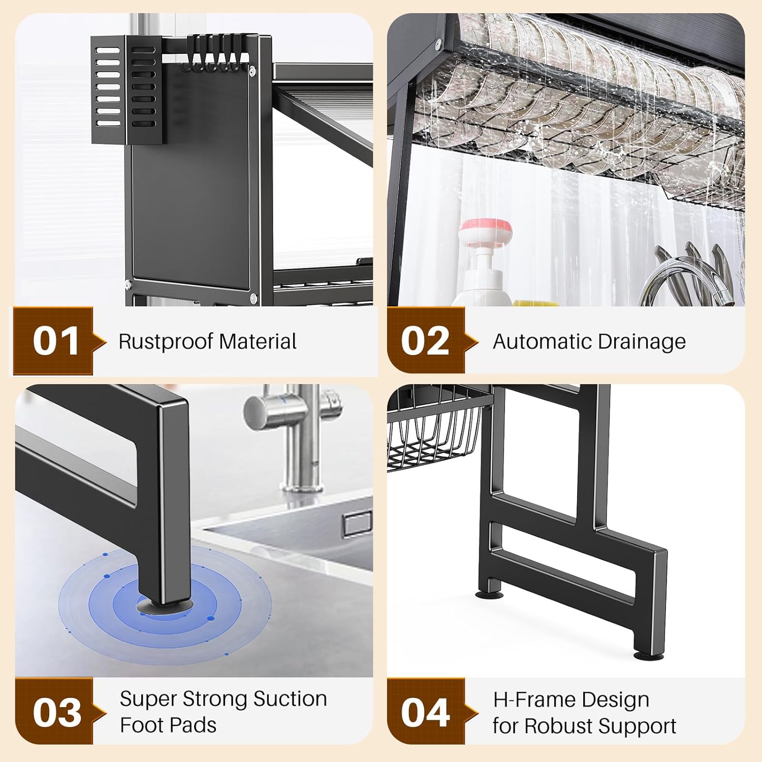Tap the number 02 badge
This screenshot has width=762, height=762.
click(425, 341)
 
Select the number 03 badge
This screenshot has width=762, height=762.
click(56, 712)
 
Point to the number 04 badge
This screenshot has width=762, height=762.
click(425, 712)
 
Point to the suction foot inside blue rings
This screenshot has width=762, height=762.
click(165, 604)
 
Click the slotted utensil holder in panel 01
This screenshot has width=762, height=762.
click(127, 89)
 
